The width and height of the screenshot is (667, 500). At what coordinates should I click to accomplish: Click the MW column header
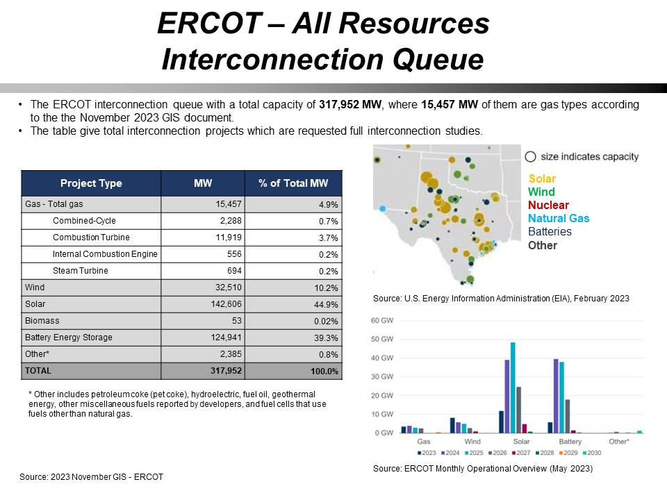[x=203, y=183]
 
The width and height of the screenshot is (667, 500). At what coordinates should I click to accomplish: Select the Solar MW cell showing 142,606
[x=226, y=304]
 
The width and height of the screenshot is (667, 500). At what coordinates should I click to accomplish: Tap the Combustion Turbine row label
[x=91, y=237]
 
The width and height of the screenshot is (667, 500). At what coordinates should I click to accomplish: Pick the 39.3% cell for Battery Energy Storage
[x=326, y=337]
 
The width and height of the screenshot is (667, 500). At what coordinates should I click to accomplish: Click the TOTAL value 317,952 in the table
[x=226, y=371]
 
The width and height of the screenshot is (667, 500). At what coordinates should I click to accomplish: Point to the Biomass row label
[x=42, y=321]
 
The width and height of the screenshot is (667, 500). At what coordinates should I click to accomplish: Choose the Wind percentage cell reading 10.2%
[x=326, y=287]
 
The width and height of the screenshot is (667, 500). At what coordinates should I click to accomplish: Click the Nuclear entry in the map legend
[x=548, y=205]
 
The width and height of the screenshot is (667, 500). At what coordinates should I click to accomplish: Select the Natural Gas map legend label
[x=559, y=218]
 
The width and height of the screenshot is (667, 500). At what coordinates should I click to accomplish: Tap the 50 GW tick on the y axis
[x=382, y=340]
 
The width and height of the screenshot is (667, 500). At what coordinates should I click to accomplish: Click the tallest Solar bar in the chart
[x=513, y=387]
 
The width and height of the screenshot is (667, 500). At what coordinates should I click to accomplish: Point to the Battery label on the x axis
[x=570, y=442]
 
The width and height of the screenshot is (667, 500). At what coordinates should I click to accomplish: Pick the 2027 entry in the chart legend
[x=521, y=453]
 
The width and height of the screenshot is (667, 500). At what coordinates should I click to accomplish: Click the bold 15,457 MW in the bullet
[x=450, y=105]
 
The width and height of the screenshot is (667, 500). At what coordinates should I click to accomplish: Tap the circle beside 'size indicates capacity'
[x=530, y=157]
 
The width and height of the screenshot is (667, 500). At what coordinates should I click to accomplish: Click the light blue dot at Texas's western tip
[x=382, y=209]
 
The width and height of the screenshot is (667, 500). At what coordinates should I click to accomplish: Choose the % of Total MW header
[x=293, y=183]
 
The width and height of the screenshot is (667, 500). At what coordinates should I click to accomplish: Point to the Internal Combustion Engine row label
[x=105, y=254]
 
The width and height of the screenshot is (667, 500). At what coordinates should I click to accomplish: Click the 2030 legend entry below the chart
[x=592, y=453]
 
